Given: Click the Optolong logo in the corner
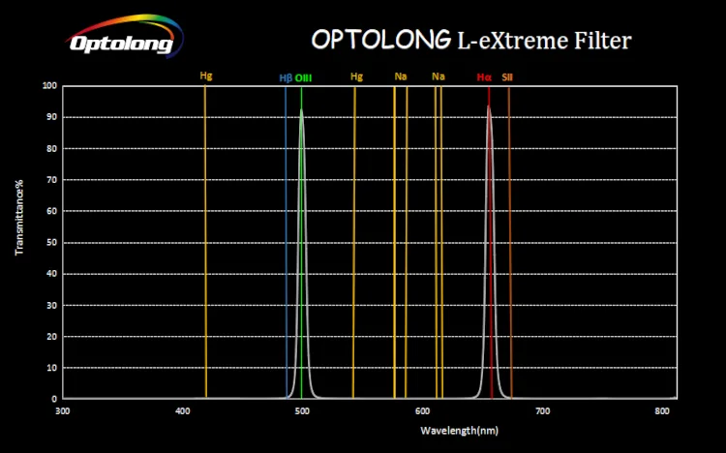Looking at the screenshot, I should pos(121,36).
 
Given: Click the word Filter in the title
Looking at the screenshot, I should pos(598,40).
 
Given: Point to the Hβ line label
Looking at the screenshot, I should pos(285,76).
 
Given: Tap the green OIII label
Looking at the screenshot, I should pos(303,76).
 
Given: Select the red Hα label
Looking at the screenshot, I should pos(484,76).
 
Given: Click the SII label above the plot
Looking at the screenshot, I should pos(507,76).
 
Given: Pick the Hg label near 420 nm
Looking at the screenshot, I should pos(205,75).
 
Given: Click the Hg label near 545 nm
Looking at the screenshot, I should pos(356,75).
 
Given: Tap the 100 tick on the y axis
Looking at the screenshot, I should pos(51,86).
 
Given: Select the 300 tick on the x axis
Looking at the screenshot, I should pos(63,411).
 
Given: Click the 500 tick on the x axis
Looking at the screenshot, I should pos(303,411).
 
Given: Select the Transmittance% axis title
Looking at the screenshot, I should pos(19,218).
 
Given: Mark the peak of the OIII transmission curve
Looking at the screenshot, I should pos(301,111).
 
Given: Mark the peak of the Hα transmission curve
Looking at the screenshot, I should pos(489,106).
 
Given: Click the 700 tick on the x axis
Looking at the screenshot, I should pos(542,411).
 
